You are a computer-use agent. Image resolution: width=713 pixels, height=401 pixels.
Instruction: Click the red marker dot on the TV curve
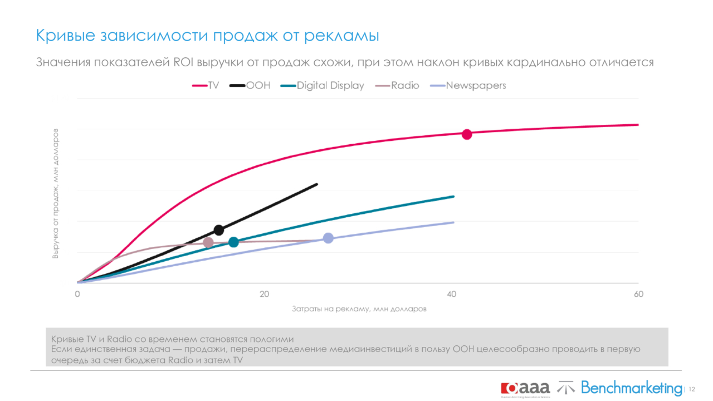click(467, 134)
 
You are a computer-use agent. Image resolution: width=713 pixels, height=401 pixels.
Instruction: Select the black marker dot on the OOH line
click(219, 230)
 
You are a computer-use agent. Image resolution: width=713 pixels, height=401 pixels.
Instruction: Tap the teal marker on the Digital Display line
click(233, 242)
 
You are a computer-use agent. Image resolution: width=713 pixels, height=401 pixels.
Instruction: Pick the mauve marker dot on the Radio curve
click(208, 242)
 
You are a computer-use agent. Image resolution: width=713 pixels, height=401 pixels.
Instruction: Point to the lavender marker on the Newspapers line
click(328, 238)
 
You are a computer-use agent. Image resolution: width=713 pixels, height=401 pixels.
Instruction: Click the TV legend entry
click(206, 86)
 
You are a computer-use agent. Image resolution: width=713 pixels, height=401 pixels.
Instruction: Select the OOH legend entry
click(250, 86)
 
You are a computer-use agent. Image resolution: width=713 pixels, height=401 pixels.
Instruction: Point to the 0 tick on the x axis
click(77, 294)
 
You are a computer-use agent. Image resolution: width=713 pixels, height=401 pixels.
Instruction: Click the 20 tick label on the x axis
click(264, 294)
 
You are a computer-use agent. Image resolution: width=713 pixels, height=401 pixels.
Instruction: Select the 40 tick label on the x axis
click(451, 294)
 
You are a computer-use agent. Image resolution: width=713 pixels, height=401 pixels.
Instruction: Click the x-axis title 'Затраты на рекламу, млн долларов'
click(359, 309)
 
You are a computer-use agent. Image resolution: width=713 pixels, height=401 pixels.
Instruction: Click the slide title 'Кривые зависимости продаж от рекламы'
click(207, 36)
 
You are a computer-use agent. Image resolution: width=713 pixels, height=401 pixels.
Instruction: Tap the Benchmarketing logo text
click(631, 388)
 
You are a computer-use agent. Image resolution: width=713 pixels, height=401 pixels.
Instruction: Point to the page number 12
click(692, 389)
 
